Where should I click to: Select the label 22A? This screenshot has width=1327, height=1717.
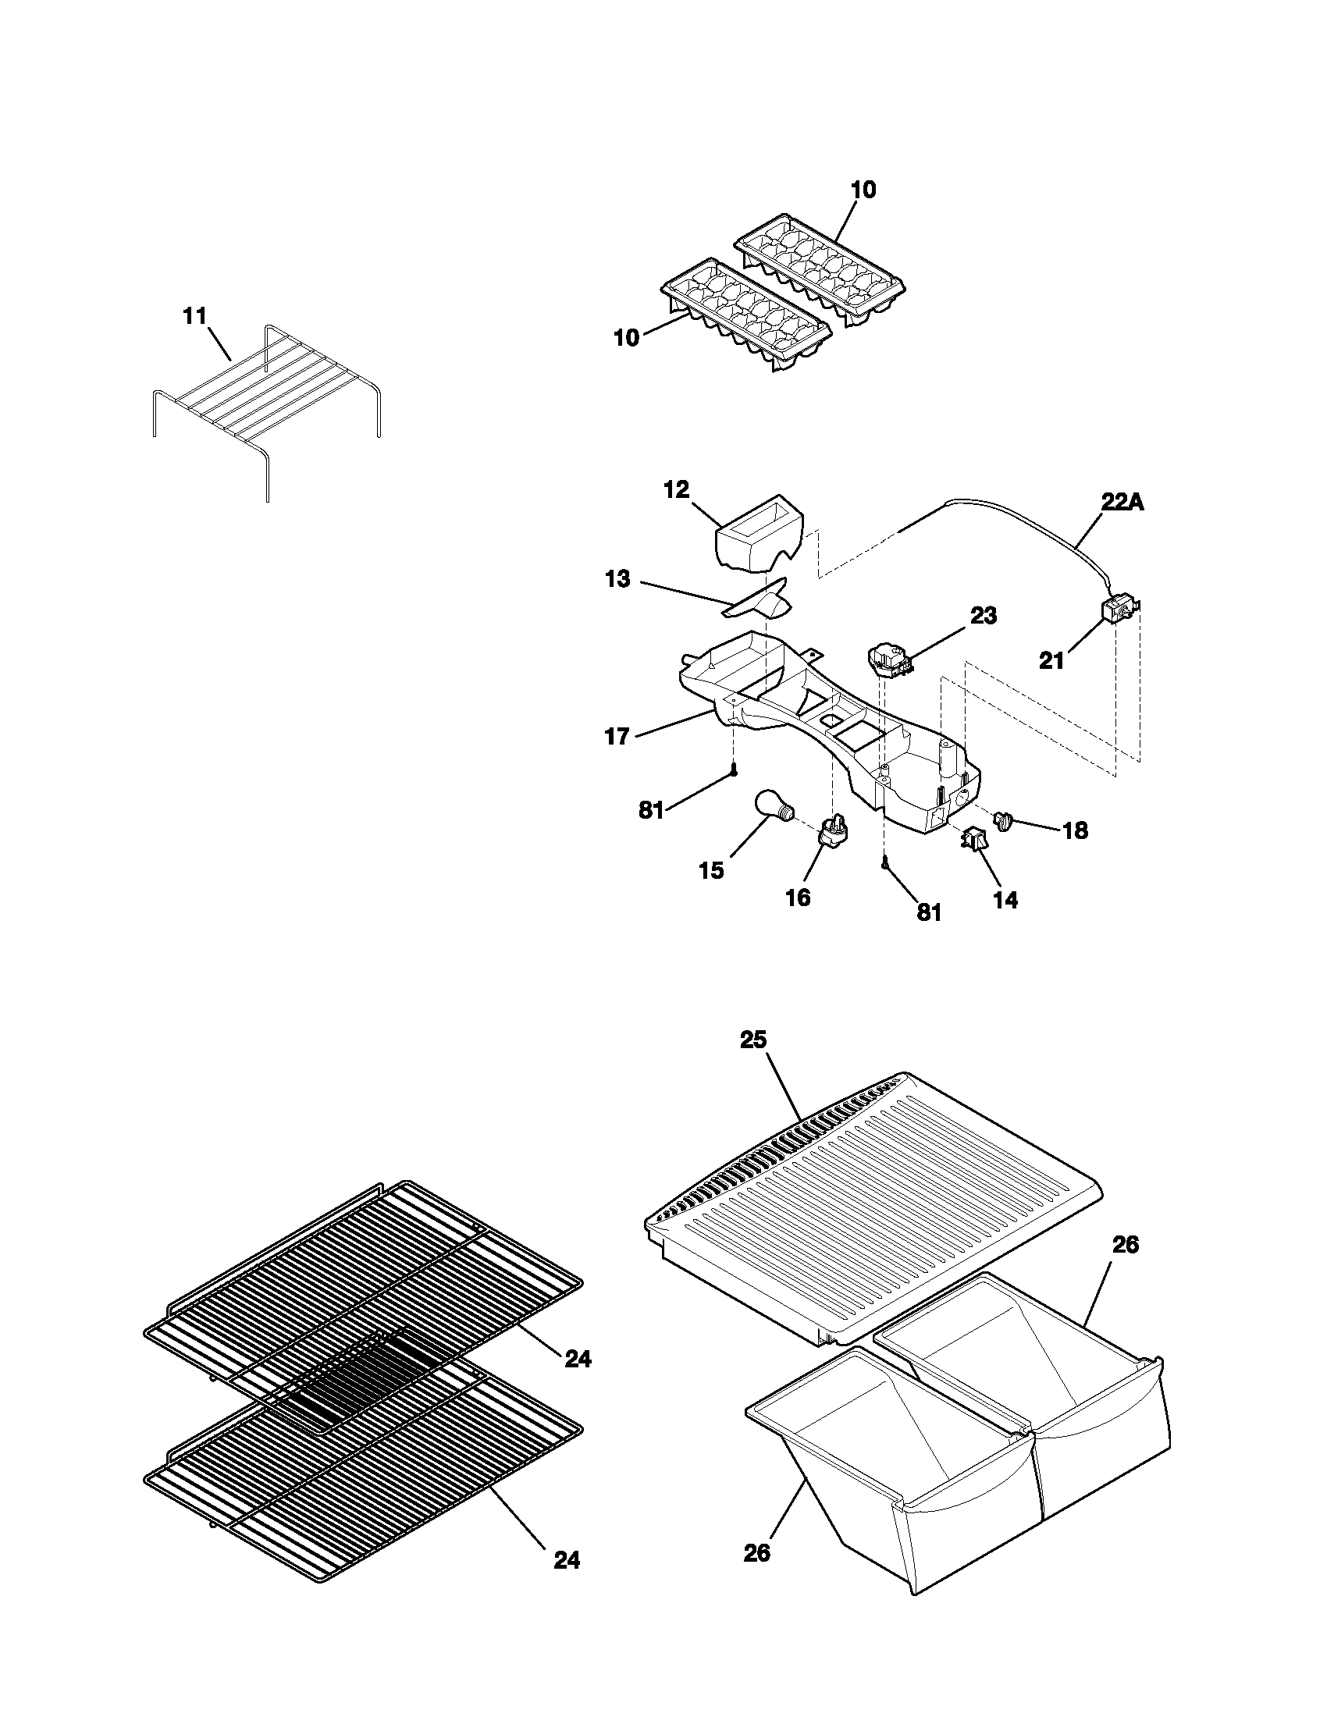(1122, 503)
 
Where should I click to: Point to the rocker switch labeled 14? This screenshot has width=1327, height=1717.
(974, 841)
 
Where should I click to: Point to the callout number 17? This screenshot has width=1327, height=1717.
(617, 737)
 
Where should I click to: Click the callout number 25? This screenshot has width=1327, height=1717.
(752, 1040)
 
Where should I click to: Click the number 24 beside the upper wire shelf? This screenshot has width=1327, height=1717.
(578, 1359)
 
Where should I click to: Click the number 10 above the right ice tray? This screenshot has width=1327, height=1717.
(863, 190)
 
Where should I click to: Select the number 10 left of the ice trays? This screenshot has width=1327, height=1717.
(627, 338)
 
